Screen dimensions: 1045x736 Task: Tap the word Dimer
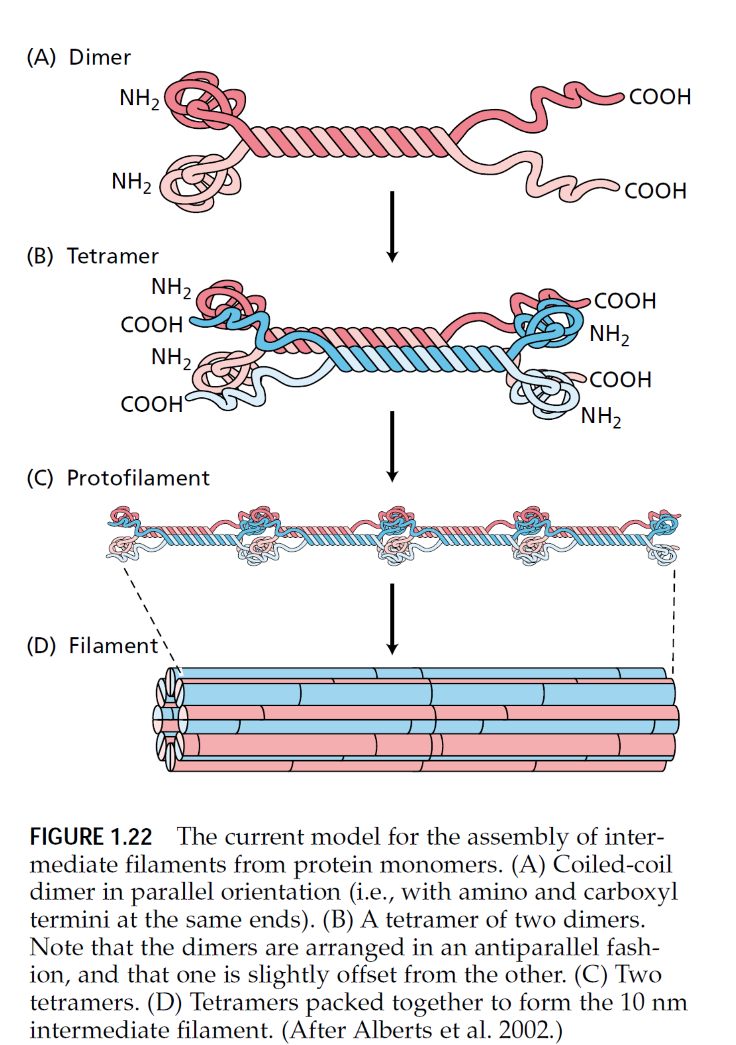(x=99, y=58)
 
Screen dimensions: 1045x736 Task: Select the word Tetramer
(x=113, y=257)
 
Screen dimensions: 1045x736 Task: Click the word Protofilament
(x=138, y=478)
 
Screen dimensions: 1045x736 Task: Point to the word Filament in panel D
(x=113, y=646)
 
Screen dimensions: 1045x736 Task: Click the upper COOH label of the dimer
(x=660, y=97)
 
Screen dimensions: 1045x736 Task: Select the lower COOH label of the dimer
(x=655, y=191)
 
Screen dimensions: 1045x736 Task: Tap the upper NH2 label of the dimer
(x=139, y=98)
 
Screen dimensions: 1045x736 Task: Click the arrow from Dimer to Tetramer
(x=392, y=226)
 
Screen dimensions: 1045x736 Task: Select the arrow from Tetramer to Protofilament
(x=392, y=446)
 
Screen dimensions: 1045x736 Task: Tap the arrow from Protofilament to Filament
(x=392, y=619)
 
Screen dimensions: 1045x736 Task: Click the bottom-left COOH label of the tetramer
(x=152, y=404)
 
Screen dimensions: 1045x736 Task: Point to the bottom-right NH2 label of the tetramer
(x=601, y=416)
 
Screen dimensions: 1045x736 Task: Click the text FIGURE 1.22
(x=91, y=837)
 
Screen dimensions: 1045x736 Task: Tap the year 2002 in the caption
(x=526, y=1030)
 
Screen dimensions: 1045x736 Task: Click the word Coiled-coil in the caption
(x=612, y=865)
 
